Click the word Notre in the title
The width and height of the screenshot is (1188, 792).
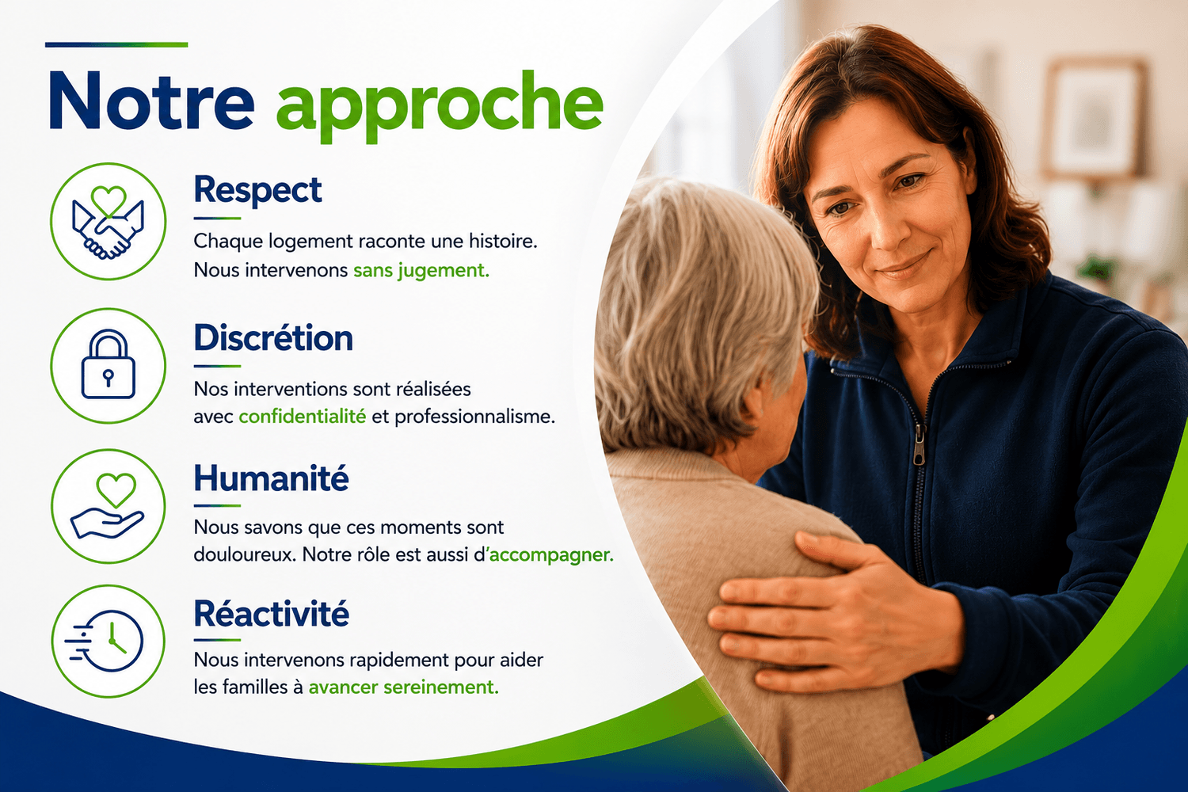[x=151, y=101]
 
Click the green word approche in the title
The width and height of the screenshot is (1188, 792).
[x=440, y=107]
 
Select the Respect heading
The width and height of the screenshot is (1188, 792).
[x=257, y=190]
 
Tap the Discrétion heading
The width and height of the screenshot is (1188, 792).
[x=273, y=338]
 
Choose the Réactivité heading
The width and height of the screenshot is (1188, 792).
[x=271, y=613]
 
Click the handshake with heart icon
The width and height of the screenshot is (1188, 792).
[x=109, y=222]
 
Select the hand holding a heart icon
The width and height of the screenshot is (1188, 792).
[x=108, y=505]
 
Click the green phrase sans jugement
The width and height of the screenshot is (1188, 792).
[x=421, y=271]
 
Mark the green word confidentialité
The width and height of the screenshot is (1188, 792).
[x=303, y=417]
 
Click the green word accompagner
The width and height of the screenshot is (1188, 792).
[x=551, y=555]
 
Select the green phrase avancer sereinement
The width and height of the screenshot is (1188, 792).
[x=404, y=687]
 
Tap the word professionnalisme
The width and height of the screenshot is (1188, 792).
[x=474, y=417]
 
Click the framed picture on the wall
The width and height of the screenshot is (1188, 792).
[x=1092, y=120]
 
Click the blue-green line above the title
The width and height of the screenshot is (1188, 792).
[x=116, y=44]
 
